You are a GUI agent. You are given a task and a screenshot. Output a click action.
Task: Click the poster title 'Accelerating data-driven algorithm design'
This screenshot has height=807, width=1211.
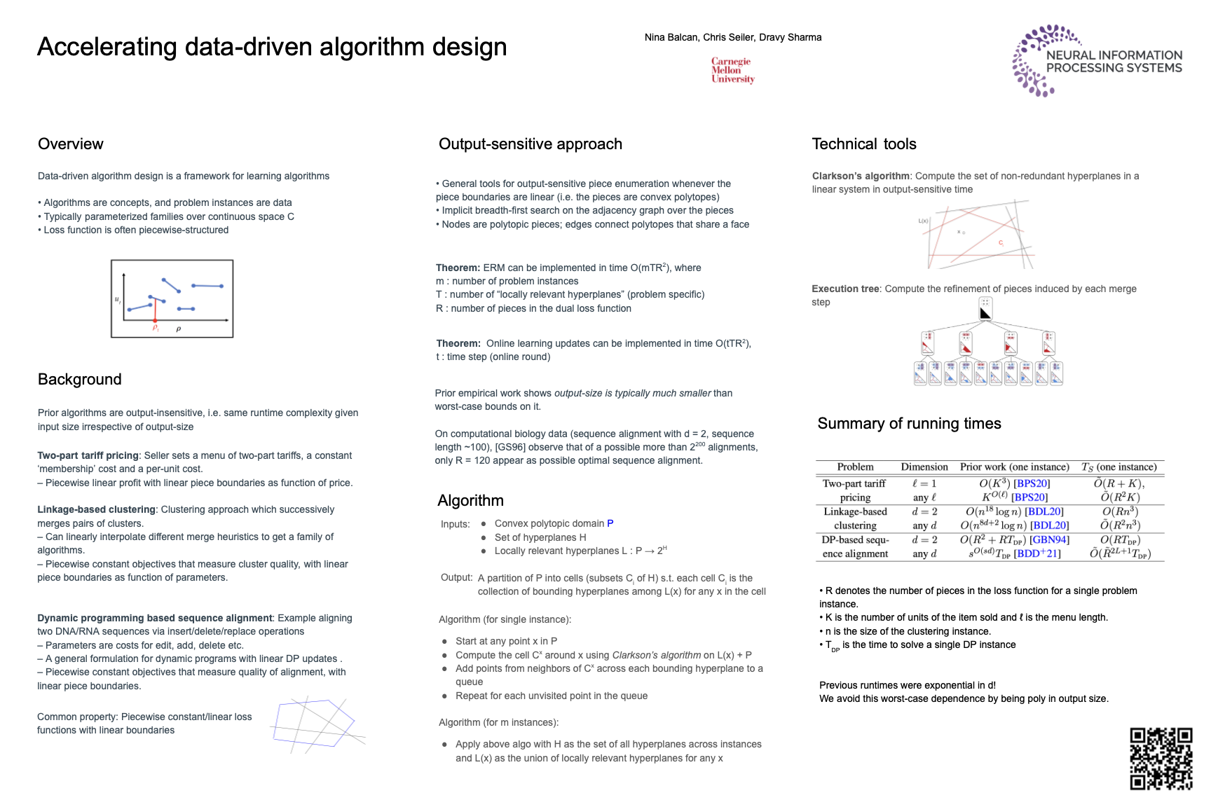pos(272,47)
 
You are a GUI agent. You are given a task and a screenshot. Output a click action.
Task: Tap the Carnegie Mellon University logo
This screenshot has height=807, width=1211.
pos(732,70)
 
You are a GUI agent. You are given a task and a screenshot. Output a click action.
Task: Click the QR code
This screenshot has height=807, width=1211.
pos(1161,759)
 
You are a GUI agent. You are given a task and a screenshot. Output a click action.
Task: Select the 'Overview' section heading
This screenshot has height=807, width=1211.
pos(71,144)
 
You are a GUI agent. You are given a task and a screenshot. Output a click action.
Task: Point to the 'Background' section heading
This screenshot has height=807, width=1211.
pos(80,380)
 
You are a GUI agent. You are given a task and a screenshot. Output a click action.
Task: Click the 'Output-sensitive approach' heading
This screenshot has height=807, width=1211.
pos(531,144)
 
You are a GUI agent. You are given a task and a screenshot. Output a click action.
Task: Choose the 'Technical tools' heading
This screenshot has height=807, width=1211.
pos(864,144)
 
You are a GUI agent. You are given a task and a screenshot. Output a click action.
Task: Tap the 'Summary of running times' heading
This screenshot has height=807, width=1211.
pos(909,424)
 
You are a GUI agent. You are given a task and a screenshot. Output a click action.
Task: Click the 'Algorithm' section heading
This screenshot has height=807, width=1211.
pos(470,501)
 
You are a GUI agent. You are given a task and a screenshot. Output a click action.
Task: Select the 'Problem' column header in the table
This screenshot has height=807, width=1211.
pos(855,467)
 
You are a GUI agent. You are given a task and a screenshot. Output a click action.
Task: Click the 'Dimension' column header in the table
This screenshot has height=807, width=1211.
pos(924,467)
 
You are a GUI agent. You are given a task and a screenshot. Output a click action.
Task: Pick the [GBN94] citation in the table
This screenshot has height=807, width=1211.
pos(1049,540)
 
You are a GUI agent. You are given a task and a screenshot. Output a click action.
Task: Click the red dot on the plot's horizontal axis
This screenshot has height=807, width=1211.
pos(156,320)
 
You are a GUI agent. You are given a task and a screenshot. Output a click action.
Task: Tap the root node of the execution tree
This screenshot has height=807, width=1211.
pos(985,309)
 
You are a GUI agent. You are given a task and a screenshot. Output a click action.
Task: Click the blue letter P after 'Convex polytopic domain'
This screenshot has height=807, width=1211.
pos(610,524)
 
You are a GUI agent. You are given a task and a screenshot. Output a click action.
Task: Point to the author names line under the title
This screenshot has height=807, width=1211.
pos(733,38)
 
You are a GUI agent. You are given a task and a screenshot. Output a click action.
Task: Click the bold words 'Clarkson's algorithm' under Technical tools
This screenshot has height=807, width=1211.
pos(861,177)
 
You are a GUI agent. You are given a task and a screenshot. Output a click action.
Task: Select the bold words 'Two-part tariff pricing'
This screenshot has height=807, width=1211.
pos(88,456)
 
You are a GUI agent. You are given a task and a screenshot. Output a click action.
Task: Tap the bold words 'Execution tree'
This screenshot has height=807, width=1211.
pos(845,289)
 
